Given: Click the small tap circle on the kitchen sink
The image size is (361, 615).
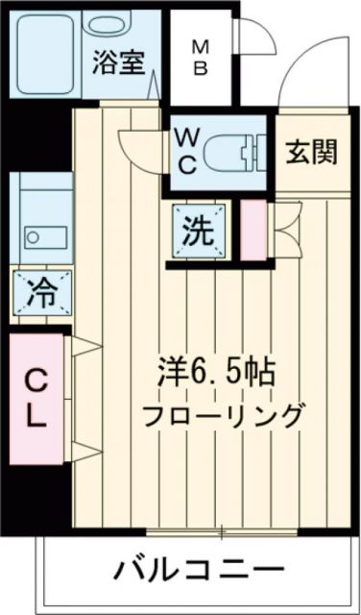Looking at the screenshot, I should (x=33, y=234).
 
